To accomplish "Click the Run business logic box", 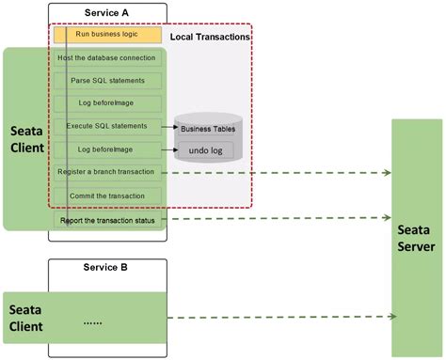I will [x=108, y=36].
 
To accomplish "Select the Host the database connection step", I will [x=108, y=58].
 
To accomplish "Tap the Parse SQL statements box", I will [x=108, y=81].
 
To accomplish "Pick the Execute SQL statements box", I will [x=108, y=126].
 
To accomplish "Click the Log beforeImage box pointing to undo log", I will [x=108, y=149].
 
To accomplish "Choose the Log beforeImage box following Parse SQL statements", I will [x=108, y=103].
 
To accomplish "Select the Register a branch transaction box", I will [x=108, y=172].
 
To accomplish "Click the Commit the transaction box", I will [x=108, y=196].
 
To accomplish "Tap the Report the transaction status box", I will [x=108, y=221].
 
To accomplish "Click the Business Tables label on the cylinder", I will [x=208, y=129].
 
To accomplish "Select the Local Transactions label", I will [x=210, y=37].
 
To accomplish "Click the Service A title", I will [x=108, y=11].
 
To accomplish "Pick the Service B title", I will [x=108, y=268].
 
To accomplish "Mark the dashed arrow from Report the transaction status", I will [x=282, y=219].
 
